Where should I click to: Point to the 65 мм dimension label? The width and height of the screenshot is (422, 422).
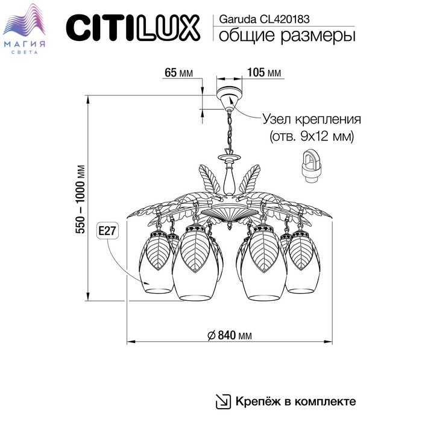pos(178,74)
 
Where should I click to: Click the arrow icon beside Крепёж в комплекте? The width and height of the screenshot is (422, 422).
pos(222,401)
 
